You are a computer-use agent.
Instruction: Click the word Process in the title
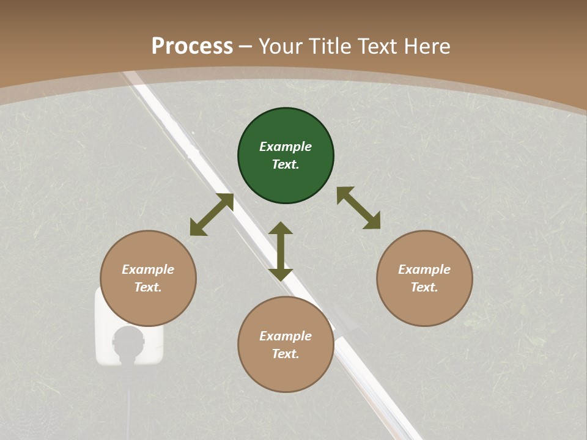[192, 46]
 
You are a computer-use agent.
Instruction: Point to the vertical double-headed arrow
[281, 251]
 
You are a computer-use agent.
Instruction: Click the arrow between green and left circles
[212, 215]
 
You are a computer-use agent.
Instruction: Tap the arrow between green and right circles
[359, 208]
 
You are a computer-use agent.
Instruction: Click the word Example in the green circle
[286, 147]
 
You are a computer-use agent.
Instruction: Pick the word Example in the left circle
[148, 269]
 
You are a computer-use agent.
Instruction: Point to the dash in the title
[246, 46]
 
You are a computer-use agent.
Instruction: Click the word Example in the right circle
[424, 269]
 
